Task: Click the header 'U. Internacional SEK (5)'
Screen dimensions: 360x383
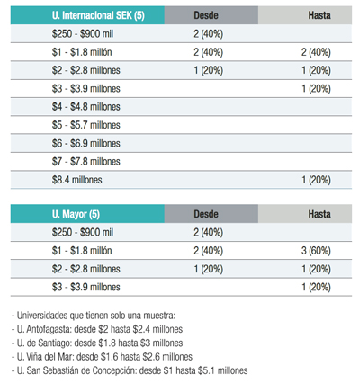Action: [98, 15]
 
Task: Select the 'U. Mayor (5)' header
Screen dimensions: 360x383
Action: [76, 214]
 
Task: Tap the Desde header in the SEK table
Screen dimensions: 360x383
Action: [206, 15]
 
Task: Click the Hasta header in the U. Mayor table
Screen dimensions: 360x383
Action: [319, 214]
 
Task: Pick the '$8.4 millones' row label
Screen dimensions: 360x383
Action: [77, 180]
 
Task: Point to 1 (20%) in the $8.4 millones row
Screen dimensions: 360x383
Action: [316, 180]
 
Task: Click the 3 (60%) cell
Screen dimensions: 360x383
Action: [316, 251]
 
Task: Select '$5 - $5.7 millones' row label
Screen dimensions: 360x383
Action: [86, 125]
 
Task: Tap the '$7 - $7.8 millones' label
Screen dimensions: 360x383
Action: [86, 162]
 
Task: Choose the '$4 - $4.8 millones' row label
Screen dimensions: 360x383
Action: [86, 107]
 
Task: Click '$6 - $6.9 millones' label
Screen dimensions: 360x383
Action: [86, 143]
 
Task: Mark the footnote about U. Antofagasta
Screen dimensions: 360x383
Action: [97, 329]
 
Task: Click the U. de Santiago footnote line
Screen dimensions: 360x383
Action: [97, 343]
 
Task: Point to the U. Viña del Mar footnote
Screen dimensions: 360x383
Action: [102, 357]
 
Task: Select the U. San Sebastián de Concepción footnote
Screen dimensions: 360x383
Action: [130, 370]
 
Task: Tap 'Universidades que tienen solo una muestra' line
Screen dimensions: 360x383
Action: [94, 316]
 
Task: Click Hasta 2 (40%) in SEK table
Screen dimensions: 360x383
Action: [316, 52]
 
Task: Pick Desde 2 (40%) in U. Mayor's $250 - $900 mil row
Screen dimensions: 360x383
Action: [209, 232]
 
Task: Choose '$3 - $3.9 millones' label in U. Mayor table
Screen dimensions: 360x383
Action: [86, 287]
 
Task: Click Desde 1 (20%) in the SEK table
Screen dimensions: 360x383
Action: [209, 70]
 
